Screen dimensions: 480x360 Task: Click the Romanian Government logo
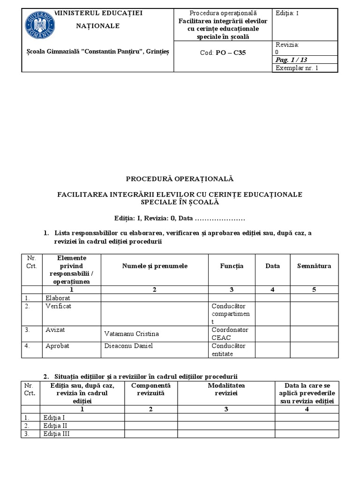[x=40, y=26]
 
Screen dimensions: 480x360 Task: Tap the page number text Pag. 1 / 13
[x=291, y=60]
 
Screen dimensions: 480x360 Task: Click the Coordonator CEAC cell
[x=230, y=333]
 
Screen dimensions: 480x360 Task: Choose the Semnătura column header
[x=314, y=266]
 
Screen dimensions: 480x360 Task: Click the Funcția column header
[x=232, y=266]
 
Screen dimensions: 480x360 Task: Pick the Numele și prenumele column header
[x=155, y=266]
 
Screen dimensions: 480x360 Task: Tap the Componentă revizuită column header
[x=150, y=389]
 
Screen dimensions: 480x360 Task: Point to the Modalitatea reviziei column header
[x=226, y=389]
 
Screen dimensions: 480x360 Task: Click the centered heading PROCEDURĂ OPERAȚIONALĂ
[x=180, y=179]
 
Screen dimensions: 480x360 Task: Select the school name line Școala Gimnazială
[x=98, y=52]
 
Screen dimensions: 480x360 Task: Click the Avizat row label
[x=54, y=330]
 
